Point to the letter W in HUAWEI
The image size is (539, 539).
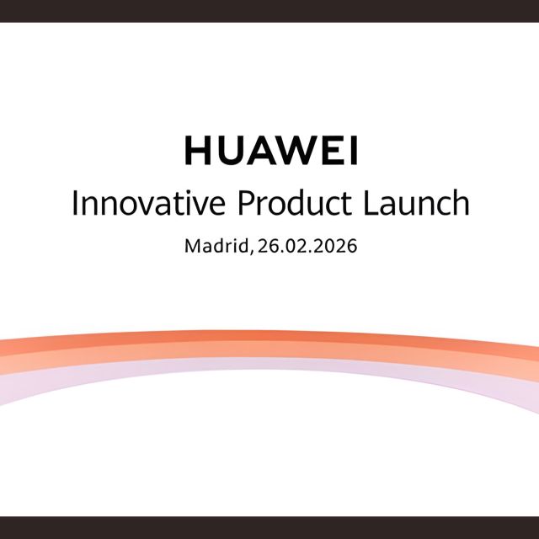[x=296, y=151]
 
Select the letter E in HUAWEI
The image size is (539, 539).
[x=330, y=151]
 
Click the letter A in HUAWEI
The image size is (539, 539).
[x=261, y=151]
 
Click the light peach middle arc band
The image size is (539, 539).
[x=269, y=351]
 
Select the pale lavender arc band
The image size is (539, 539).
[x=269, y=364]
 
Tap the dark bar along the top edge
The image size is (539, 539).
[x=269, y=10]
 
